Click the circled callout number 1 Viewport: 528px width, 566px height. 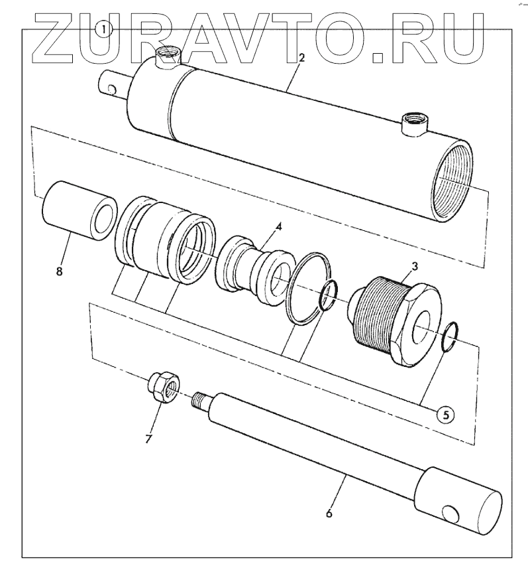pos(105,29)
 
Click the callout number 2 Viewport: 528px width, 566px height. pos(301,58)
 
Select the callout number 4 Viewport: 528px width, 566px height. pos(279,227)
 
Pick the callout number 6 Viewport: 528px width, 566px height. pos(329,513)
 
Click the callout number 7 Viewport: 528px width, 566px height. pos(148,439)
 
